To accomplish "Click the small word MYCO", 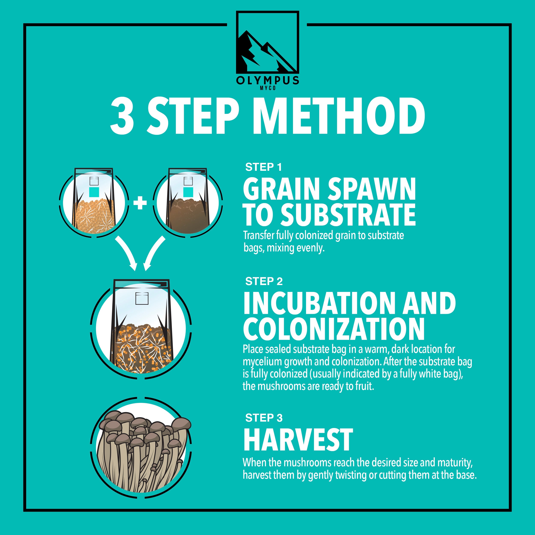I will tap(267, 88).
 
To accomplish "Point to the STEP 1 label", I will tap(263, 167).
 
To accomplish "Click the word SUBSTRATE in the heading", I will tap(348, 215).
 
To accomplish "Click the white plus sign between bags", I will tap(140, 203).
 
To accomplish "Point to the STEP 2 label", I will tap(264, 281).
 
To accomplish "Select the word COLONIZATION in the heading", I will tap(334, 329).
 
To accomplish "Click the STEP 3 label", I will tap(264, 418).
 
